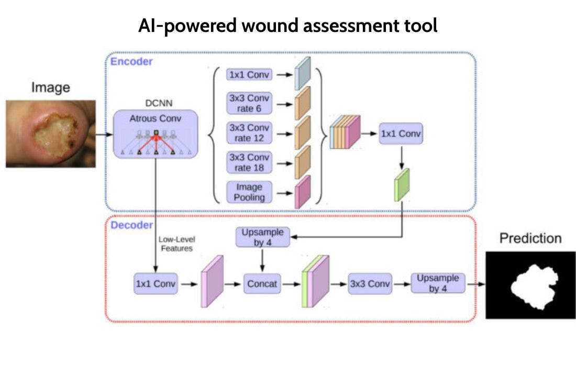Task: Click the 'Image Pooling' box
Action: (249, 192)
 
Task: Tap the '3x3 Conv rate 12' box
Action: (249, 133)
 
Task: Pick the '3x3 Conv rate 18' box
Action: (249, 162)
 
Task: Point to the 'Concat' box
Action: (262, 284)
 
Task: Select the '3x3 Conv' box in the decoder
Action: (370, 284)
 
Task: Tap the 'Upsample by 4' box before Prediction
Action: (437, 283)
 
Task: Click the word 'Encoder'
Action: (131, 62)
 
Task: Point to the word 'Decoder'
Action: (131, 225)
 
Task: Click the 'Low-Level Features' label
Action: (176, 244)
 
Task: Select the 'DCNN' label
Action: (155, 103)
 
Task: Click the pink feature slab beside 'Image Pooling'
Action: (303, 192)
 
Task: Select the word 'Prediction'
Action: (530, 238)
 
